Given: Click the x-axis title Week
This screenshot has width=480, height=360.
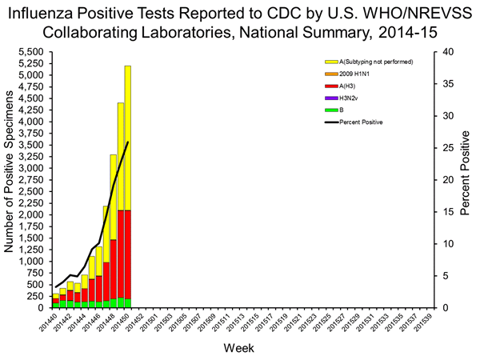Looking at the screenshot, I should click(x=239, y=350).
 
